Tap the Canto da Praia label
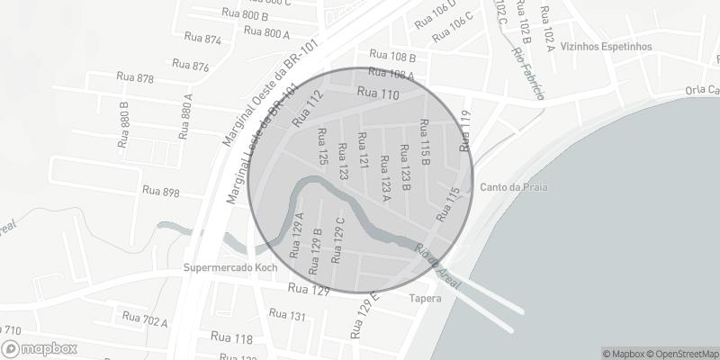(x=515, y=188)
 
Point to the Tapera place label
(x=425, y=298)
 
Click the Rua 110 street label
(x=378, y=94)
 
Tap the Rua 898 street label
(x=161, y=192)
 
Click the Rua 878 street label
(x=135, y=79)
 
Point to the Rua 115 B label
(x=426, y=143)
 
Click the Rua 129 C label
(x=338, y=239)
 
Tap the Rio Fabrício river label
(x=528, y=73)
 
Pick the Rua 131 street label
(x=287, y=315)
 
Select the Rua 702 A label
(x=145, y=319)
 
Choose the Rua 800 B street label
(x=244, y=14)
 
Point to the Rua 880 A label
(x=185, y=116)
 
